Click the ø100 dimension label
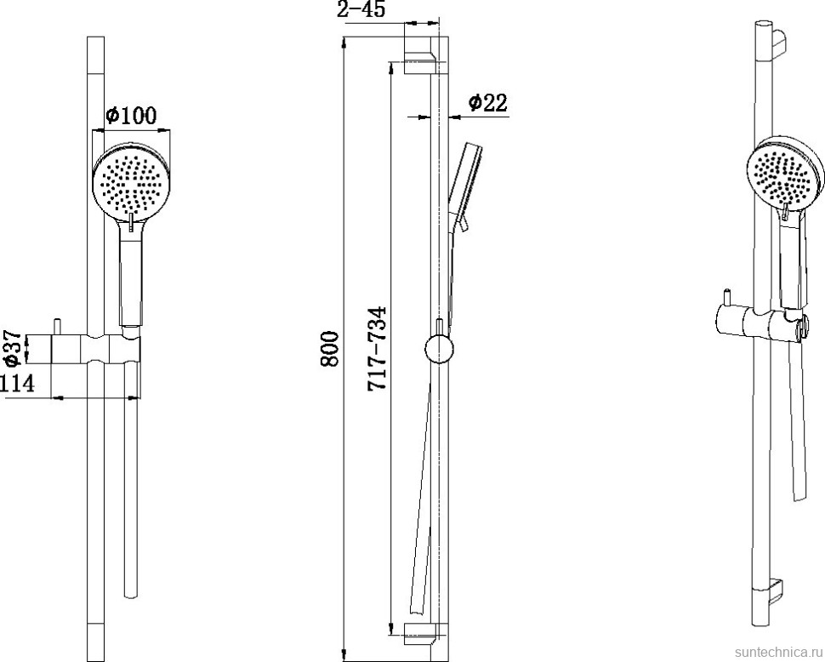[131, 115]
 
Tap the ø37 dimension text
[12, 348]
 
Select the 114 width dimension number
[17, 383]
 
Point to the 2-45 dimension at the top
[361, 9]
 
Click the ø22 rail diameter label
[487, 102]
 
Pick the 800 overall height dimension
[330, 349]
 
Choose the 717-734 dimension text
[377, 348]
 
